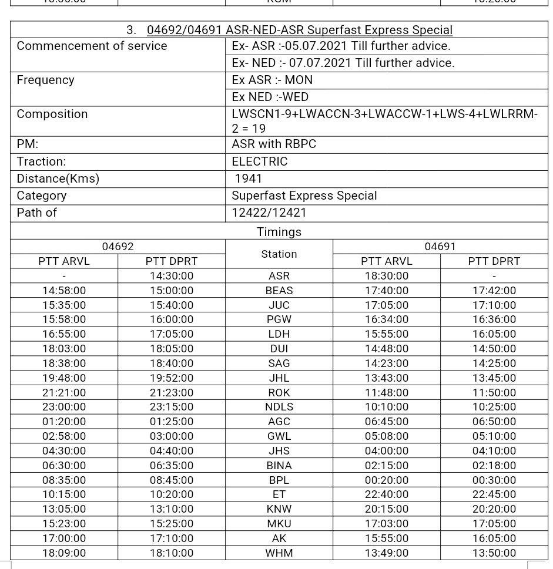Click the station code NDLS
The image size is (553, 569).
(x=279, y=407)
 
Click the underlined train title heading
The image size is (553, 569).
(x=299, y=30)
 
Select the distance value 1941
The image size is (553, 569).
(x=248, y=179)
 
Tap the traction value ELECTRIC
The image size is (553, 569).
(x=260, y=161)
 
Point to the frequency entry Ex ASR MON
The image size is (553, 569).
(x=272, y=80)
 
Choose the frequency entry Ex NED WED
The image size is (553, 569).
(x=270, y=97)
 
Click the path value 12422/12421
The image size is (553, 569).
(x=269, y=213)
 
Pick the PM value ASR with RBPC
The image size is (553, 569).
(x=274, y=144)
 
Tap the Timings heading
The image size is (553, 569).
(x=279, y=232)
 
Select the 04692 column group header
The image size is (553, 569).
(x=118, y=247)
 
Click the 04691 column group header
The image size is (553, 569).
(x=440, y=247)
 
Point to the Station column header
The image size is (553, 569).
(x=279, y=254)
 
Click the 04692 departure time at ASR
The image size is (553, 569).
(x=171, y=276)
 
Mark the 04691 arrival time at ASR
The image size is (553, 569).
(x=386, y=276)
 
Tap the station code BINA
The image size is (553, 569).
(x=279, y=466)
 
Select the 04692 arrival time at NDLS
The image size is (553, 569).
(x=64, y=407)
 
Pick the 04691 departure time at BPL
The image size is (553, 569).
(x=494, y=480)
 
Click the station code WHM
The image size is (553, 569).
(x=279, y=553)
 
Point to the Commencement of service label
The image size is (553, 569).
(x=92, y=46)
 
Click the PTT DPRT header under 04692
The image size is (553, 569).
(x=171, y=261)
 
